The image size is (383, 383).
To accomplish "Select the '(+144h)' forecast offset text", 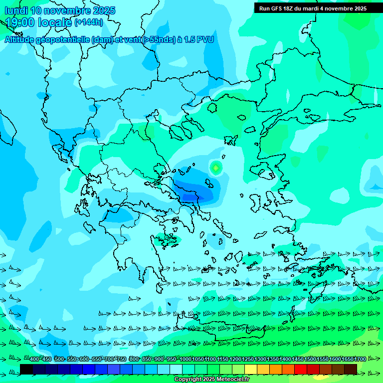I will (x=89, y=22).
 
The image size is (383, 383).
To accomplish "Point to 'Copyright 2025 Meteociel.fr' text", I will (x=212, y=380).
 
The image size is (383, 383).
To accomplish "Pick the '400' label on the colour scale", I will (x=34, y=360).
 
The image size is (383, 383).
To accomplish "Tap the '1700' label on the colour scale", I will (x=360, y=360).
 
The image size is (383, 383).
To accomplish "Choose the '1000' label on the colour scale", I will (x=186, y=360).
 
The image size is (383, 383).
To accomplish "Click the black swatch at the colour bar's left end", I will (x=26, y=369).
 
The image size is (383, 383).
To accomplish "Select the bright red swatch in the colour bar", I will (x=301, y=369).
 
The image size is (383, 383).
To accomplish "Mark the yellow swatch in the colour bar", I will (x=251, y=369).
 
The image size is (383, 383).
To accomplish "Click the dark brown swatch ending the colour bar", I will (x=351, y=369).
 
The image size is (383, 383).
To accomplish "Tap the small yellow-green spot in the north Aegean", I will (x=215, y=168).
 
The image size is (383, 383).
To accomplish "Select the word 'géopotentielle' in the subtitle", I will (x=75, y=40).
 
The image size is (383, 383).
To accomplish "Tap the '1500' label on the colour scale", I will (x=310, y=360).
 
